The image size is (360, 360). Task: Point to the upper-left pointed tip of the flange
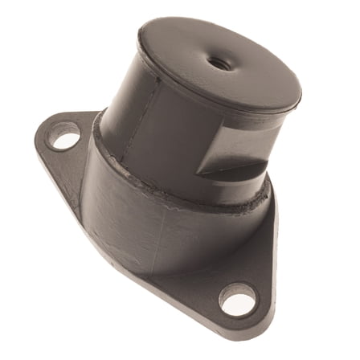click(x=40, y=129)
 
